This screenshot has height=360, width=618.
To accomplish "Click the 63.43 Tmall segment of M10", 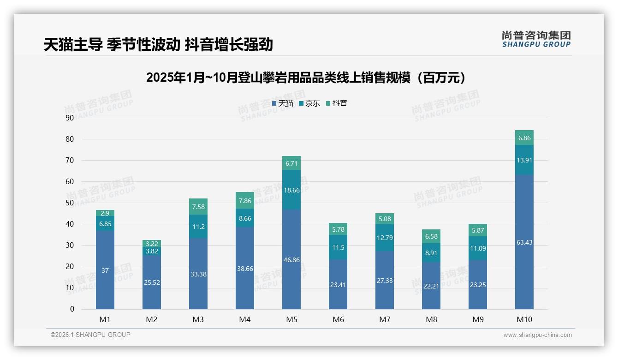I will tap(524, 242).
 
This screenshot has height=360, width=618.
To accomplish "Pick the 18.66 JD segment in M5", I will tap(291, 190).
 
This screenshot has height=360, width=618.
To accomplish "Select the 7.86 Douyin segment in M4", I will tap(245, 200).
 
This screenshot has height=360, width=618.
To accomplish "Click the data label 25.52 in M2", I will tap(152, 282).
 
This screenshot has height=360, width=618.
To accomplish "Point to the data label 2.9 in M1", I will tap(105, 213).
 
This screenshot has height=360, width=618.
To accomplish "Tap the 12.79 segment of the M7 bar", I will tap(385, 238).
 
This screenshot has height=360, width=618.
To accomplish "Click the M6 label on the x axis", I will tap(338, 319).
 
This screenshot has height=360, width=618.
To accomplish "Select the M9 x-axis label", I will tap(478, 319).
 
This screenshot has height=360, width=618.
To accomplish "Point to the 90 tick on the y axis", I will tap(70, 118).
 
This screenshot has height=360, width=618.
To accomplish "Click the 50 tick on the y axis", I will tap(70, 203).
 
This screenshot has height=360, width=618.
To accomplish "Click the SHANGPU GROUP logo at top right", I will tap(536, 39).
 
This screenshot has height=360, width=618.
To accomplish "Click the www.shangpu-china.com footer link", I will tap(537, 335).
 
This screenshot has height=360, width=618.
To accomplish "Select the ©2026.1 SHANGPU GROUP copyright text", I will tap(90, 335).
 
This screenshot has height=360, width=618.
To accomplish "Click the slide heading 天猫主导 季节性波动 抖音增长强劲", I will tap(158, 44).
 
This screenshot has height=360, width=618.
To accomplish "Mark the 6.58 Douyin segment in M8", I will tap(431, 236).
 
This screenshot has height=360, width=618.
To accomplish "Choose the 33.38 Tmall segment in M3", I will tap(198, 274).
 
